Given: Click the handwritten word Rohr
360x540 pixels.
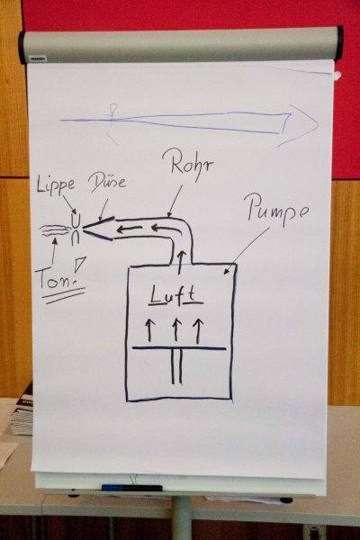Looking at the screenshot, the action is click(x=192, y=165).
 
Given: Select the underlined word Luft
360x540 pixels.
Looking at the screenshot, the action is click(x=176, y=295).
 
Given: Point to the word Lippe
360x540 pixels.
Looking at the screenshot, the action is click(x=56, y=185).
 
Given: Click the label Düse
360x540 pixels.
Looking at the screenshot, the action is click(x=107, y=182).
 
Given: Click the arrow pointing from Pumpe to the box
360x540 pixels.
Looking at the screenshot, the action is click(x=247, y=251).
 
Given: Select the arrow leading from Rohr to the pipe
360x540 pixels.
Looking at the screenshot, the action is click(x=175, y=201).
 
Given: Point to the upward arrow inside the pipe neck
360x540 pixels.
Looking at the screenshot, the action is click(x=181, y=262).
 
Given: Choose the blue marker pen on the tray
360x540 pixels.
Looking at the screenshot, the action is click(x=132, y=488).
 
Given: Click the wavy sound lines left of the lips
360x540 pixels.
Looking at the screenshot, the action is click(x=56, y=230).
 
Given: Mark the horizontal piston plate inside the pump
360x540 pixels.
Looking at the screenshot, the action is click(x=179, y=348).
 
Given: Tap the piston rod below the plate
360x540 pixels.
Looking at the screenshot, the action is click(x=176, y=367).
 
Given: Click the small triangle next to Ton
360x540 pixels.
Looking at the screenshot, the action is click(x=79, y=262).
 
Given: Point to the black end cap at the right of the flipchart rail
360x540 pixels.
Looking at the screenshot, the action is click(x=339, y=42).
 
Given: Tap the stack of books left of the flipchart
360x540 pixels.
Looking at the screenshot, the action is click(x=22, y=409).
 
